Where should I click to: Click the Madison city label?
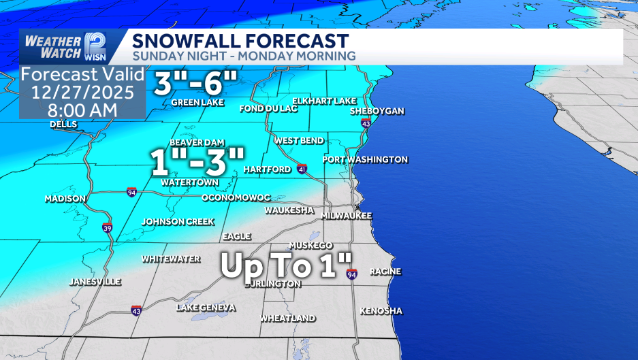(65, 199)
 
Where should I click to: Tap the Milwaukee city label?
(347, 215)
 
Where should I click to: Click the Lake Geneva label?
(206, 308)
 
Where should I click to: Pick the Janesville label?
(95, 282)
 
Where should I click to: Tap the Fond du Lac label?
(265, 109)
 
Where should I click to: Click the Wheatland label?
(287, 318)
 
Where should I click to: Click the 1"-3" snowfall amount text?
(197, 163)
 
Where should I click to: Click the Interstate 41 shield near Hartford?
(302, 168)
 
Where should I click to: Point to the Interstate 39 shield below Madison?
(107, 227)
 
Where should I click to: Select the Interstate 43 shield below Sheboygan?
(366, 124)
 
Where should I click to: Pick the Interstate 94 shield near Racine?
(351, 274)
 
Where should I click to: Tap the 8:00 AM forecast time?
(82, 109)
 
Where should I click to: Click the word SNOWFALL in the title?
(177, 41)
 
